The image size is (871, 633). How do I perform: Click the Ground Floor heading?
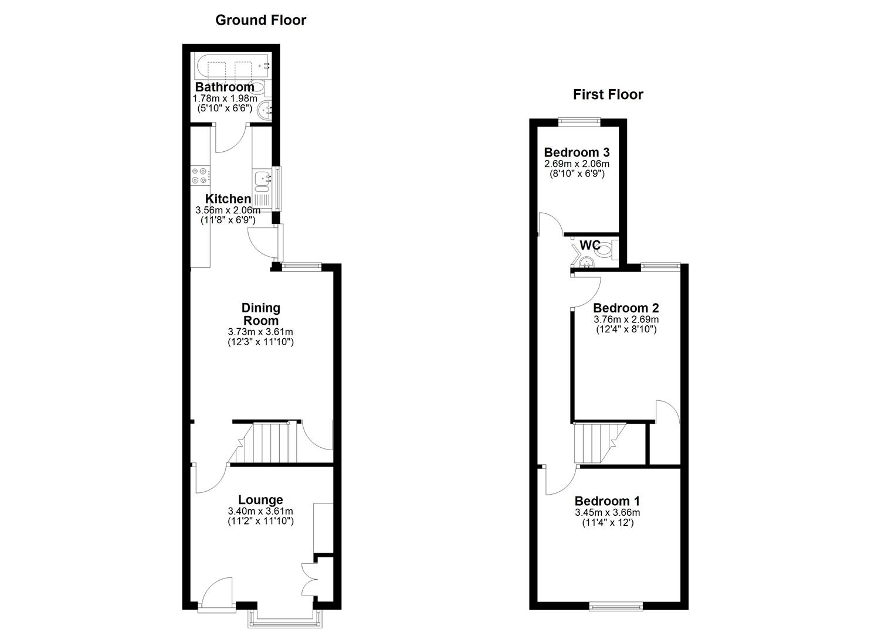pos(260,20)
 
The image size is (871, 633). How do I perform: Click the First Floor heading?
pos(608,94)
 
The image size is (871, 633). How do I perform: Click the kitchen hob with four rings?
pos(201,175)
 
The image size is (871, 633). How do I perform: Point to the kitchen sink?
pos(261,181)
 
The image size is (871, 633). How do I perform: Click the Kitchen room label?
pos(228,199)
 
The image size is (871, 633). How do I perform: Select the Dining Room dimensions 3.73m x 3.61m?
pos(260,332)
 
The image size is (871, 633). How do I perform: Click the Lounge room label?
pos(260,499)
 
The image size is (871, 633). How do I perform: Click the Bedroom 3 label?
pos(577,152)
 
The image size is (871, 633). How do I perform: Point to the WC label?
pos(590,245)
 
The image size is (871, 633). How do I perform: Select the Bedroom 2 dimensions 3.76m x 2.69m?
pos(626,319)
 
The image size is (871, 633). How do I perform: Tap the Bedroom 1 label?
pos(607,501)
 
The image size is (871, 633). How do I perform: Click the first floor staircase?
pos(595,443)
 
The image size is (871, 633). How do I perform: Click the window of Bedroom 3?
pos(579,121)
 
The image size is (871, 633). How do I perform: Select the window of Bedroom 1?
pos(615,606)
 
